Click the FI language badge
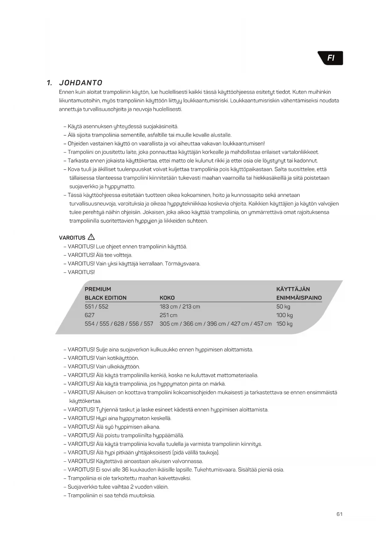(x=331, y=58)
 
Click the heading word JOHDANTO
(x=81, y=83)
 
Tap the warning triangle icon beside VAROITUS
(x=91, y=237)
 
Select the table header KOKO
(x=167, y=298)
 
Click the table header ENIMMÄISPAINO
(x=299, y=298)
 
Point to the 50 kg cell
(x=283, y=306)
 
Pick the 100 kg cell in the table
(x=284, y=315)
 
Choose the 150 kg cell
(x=284, y=324)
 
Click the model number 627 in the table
(x=89, y=315)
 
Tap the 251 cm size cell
(x=168, y=315)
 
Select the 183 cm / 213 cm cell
(x=180, y=306)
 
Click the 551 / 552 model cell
(x=96, y=306)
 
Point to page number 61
(x=339, y=514)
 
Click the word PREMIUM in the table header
(x=98, y=289)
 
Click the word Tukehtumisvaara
(x=215, y=469)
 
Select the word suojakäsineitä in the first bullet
(x=160, y=126)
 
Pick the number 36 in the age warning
(x=125, y=469)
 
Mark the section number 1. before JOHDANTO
(x=49, y=83)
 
